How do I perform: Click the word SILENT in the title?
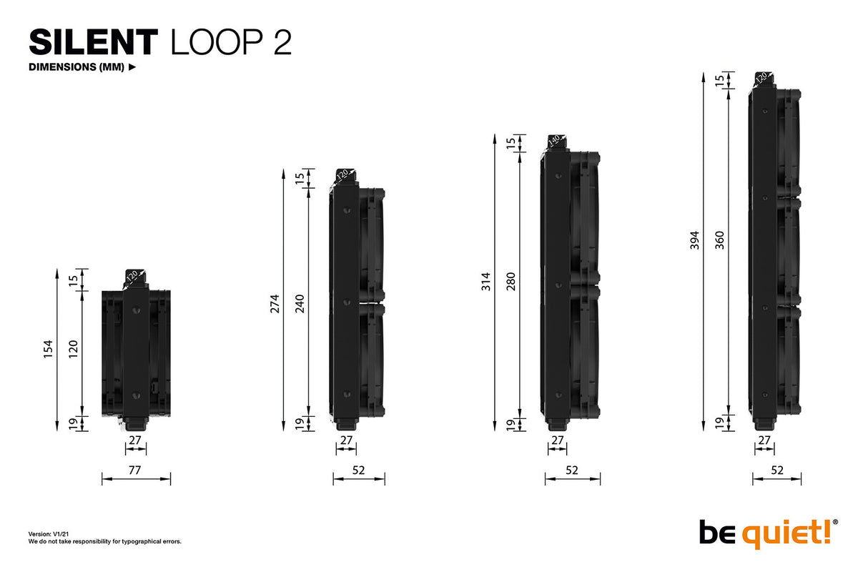tap(92, 43)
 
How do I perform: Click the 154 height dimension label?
tap(49, 350)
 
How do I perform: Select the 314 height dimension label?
tap(486, 282)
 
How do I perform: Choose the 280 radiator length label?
tap(511, 282)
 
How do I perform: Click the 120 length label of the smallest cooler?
tap(73, 350)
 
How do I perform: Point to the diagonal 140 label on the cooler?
tap(553, 141)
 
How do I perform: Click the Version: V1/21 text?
tap(48, 534)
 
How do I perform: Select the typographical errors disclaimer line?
tap(104, 541)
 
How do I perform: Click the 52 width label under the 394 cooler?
tap(777, 470)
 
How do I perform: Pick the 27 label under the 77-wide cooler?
tap(135, 440)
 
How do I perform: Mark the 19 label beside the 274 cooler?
tap(300, 423)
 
